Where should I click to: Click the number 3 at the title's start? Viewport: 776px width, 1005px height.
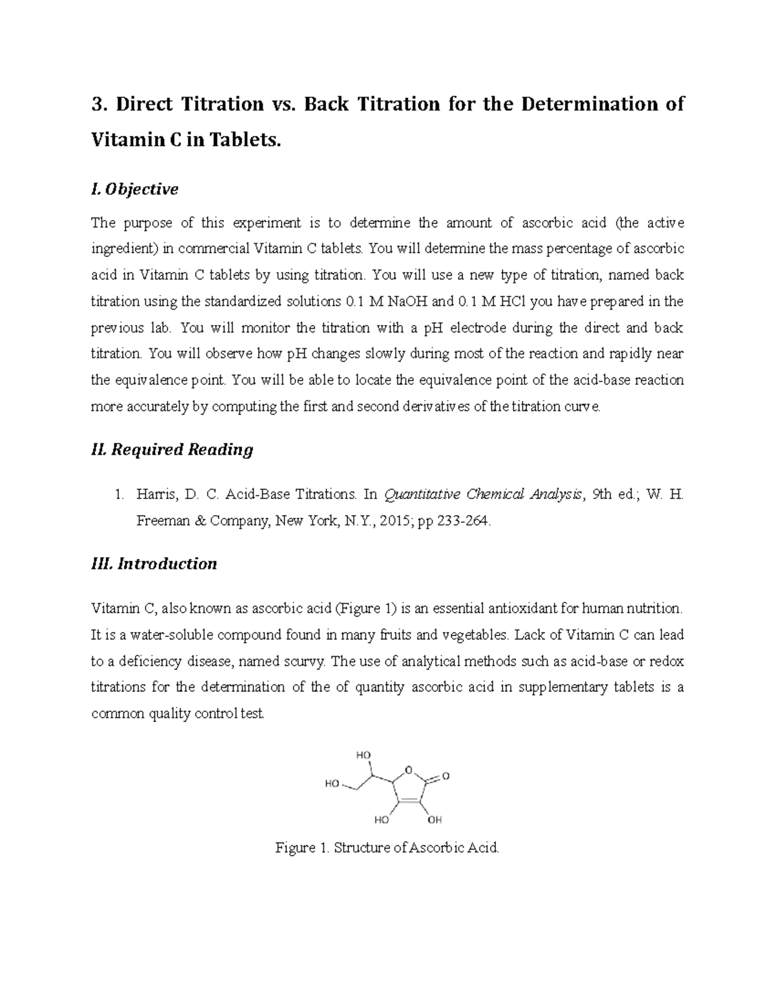[97, 104]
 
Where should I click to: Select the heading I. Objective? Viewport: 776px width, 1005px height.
[135, 189]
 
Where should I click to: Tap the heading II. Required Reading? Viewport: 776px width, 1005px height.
[172, 449]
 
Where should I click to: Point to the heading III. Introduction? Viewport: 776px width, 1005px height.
[154, 564]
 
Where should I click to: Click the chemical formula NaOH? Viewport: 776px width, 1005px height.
[394, 302]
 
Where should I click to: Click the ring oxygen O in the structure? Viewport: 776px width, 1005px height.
[408, 769]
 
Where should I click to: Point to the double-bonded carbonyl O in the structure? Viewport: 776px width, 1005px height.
[445, 776]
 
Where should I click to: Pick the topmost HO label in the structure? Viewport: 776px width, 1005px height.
[363, 755]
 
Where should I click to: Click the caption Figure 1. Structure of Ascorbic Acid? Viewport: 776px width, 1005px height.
[387, 848]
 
